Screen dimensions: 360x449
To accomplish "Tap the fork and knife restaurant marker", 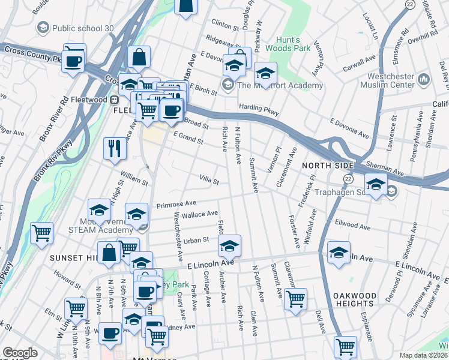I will pyautogui.click(x=115, y=148).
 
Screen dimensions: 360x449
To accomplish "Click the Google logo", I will pyautogui.click(x=20, y=353).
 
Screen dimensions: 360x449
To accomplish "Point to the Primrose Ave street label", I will pyautogui.click(x=176, y=205).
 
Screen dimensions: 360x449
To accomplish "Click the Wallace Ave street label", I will pyautogui.click(x=199, y=214).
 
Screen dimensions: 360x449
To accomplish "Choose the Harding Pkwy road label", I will pyautogui.click(x=259, y=109).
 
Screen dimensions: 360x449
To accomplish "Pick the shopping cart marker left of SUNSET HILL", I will pyautogui.click(x=41, y=232).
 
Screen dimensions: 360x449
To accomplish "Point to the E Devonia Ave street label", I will pyautogui.click(x=349, y=127).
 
